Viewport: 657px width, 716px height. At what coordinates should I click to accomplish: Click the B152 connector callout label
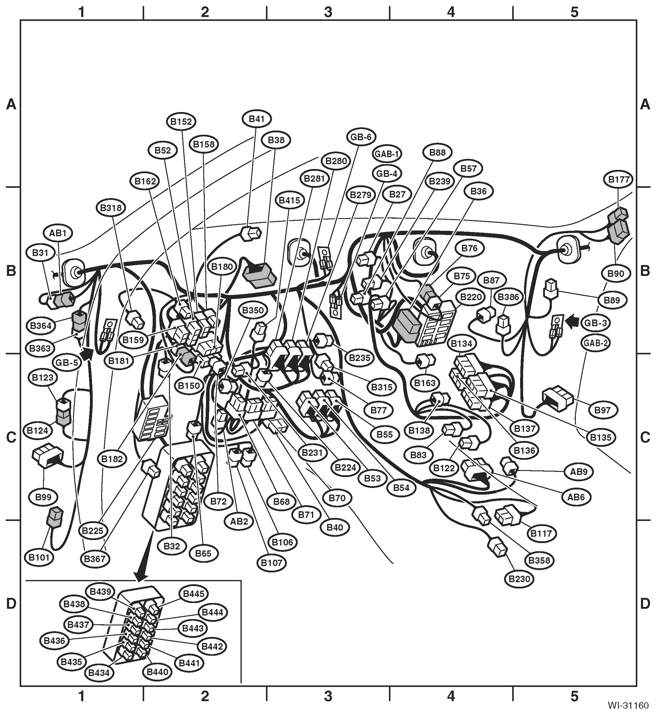pos(181,121)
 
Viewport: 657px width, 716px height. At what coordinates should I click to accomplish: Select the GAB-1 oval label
pos(387,154)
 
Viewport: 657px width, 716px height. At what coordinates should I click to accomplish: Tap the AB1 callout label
pos(58,234)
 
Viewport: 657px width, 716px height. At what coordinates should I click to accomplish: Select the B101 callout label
pos(39,557)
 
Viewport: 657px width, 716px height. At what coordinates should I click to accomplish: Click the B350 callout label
pos(253,310)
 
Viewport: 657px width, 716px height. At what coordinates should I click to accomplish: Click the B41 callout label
pos(257,119)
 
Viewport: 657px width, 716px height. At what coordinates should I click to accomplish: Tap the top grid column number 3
pos(328,12)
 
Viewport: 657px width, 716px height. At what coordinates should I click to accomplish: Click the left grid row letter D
pos(11,603)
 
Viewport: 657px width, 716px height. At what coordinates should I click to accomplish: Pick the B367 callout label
pos(95,559)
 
